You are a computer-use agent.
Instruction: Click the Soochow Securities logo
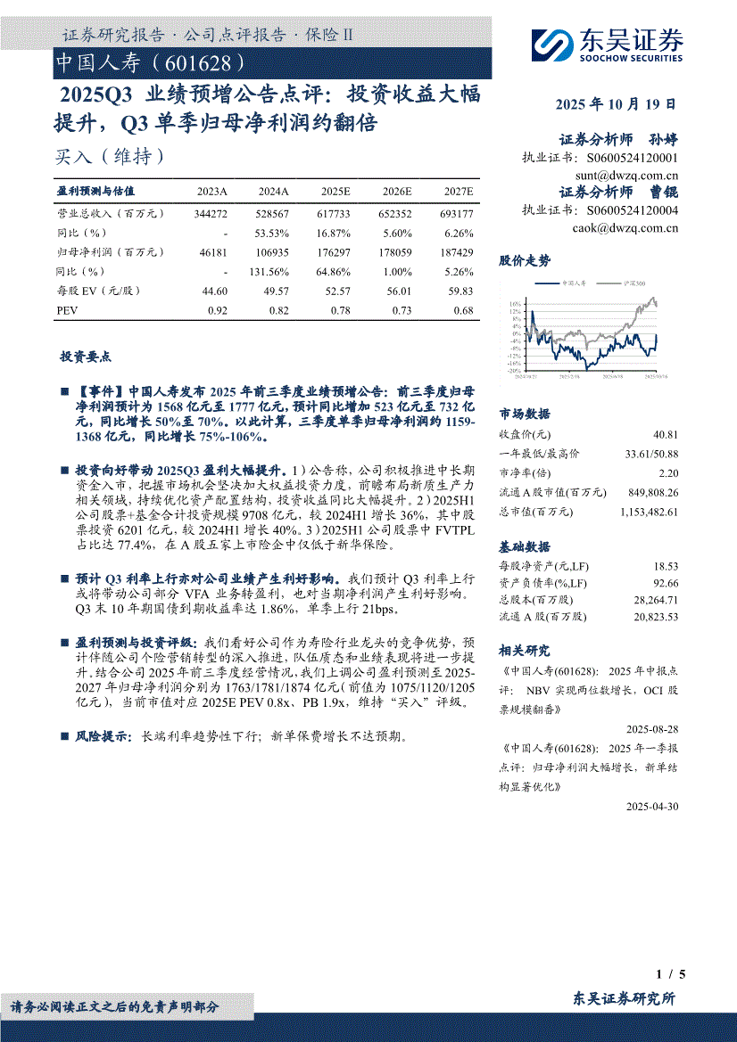pos(607,43)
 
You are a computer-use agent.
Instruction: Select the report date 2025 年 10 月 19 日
pos(615,104)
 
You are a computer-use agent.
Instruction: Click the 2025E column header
pos(335,192)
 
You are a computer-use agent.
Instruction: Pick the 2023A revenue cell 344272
pos(211,214)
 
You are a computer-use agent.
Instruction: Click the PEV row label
pos(68,310)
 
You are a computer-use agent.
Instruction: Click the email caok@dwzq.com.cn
pos(626,227)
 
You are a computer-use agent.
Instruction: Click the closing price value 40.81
pos(665,435)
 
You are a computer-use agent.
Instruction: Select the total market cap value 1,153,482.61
pos(648,512)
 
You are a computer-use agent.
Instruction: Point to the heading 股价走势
pos(525,260)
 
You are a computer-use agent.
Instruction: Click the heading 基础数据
pos(525,546)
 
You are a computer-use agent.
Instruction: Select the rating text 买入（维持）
pos(110,156)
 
